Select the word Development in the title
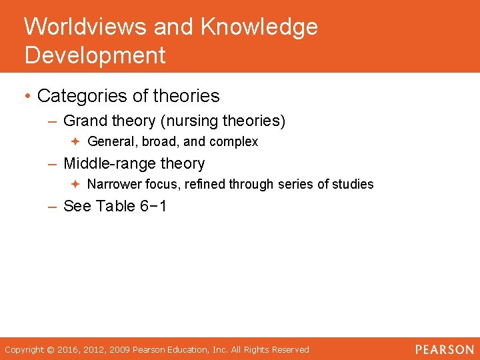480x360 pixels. pyautogui.click(x=95, y=55)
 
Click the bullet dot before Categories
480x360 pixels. pyautogui.click(x=28, y=96)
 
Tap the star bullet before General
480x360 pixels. pyautogui.click(x=76, y=142)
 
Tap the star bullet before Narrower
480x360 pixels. pyautogui.click(x=76, y=185)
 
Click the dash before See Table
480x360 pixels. pyautogui.click(x=53, y=206)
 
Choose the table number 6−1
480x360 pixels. pyautogui.click(x=153, y=206)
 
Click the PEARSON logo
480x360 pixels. pyautogui.click(x=444, y=349)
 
